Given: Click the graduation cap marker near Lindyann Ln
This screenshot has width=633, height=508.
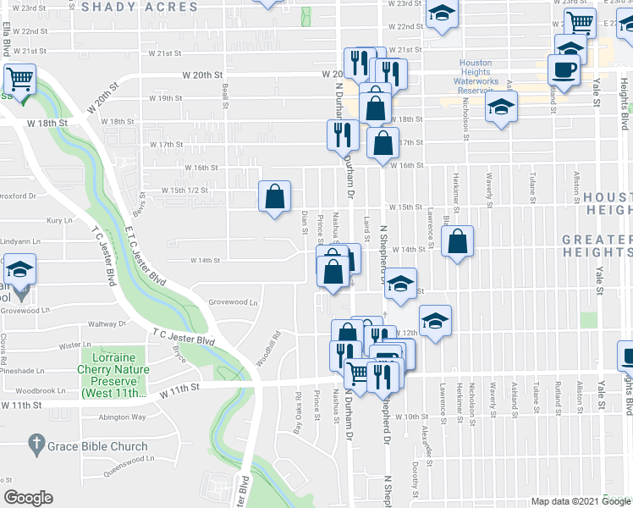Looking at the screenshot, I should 19,270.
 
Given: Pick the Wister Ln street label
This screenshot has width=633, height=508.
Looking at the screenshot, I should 74,345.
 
